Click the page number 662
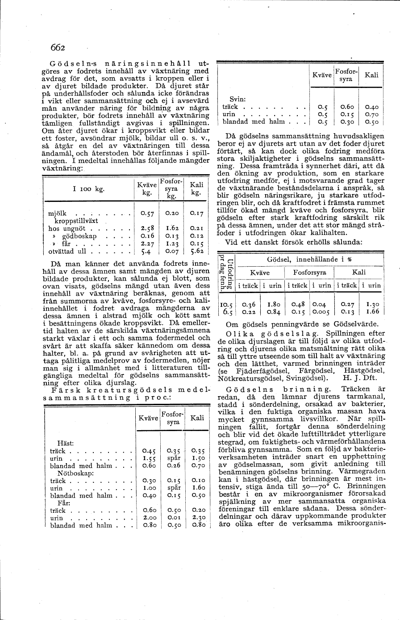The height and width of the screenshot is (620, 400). [58, 48]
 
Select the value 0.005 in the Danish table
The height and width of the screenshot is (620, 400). [322, 312]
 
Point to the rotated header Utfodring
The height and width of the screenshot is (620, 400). [230, 273]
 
